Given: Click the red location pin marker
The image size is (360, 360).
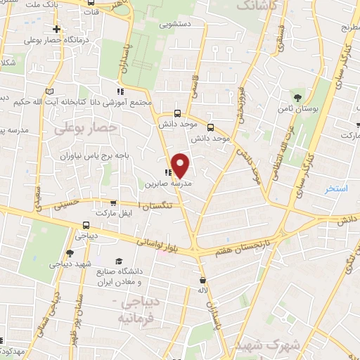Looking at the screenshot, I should (181, 165).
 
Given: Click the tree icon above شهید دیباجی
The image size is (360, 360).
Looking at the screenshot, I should (69, 254).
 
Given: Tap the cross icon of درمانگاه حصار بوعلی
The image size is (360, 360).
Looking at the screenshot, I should (57, 30).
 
